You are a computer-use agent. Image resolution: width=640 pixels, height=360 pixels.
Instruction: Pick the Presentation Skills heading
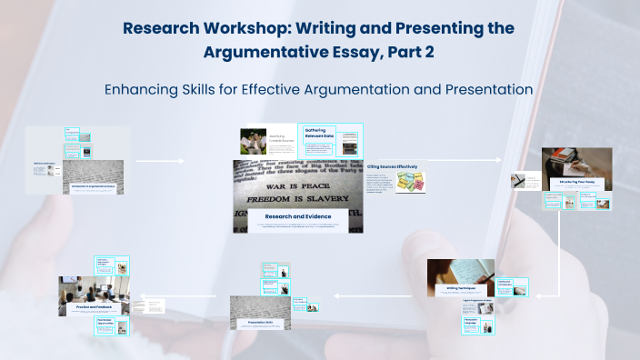coord(260,323)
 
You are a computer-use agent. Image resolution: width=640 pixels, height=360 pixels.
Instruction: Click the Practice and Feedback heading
coord(95,307)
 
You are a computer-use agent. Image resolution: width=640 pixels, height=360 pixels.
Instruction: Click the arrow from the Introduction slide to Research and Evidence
coord(159,162)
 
